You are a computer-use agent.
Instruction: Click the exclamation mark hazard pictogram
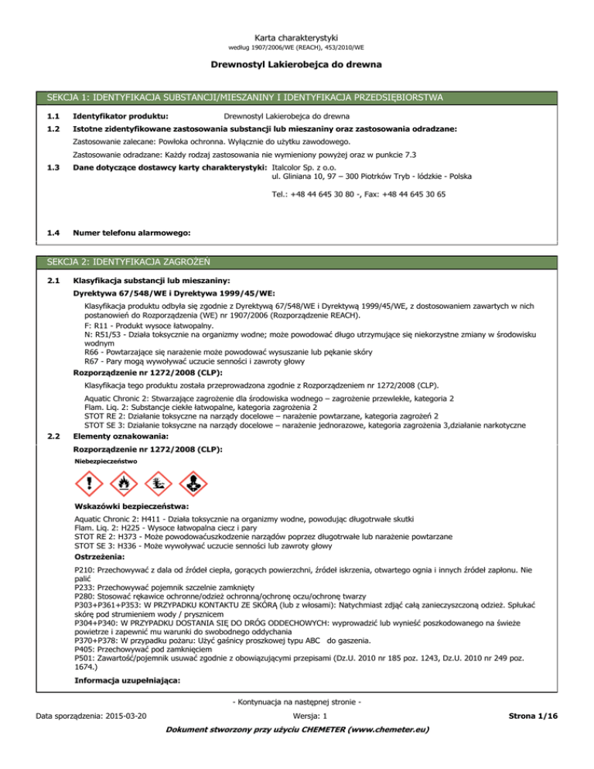(x=93, y=485)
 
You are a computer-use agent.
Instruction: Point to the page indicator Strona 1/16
(x=546, y=740)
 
